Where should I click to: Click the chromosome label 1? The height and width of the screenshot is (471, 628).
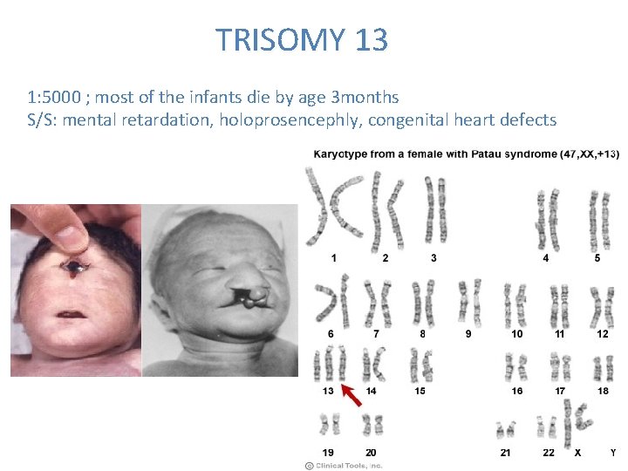coord(332,258)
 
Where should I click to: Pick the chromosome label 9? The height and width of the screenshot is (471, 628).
coord(468,333)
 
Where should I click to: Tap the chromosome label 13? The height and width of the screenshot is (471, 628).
coord(328,391)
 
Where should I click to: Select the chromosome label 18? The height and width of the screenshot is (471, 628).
coord(603,391)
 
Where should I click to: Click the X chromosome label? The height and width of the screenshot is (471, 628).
coord(577,453)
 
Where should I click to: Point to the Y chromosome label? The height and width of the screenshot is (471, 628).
coord(613,453)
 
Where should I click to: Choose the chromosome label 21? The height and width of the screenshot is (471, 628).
coord(506,453)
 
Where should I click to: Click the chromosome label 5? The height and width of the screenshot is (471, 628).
coord(597,258)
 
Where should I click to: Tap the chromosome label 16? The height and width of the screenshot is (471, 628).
coord(517,391)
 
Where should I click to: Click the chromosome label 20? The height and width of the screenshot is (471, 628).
coord(371,453)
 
